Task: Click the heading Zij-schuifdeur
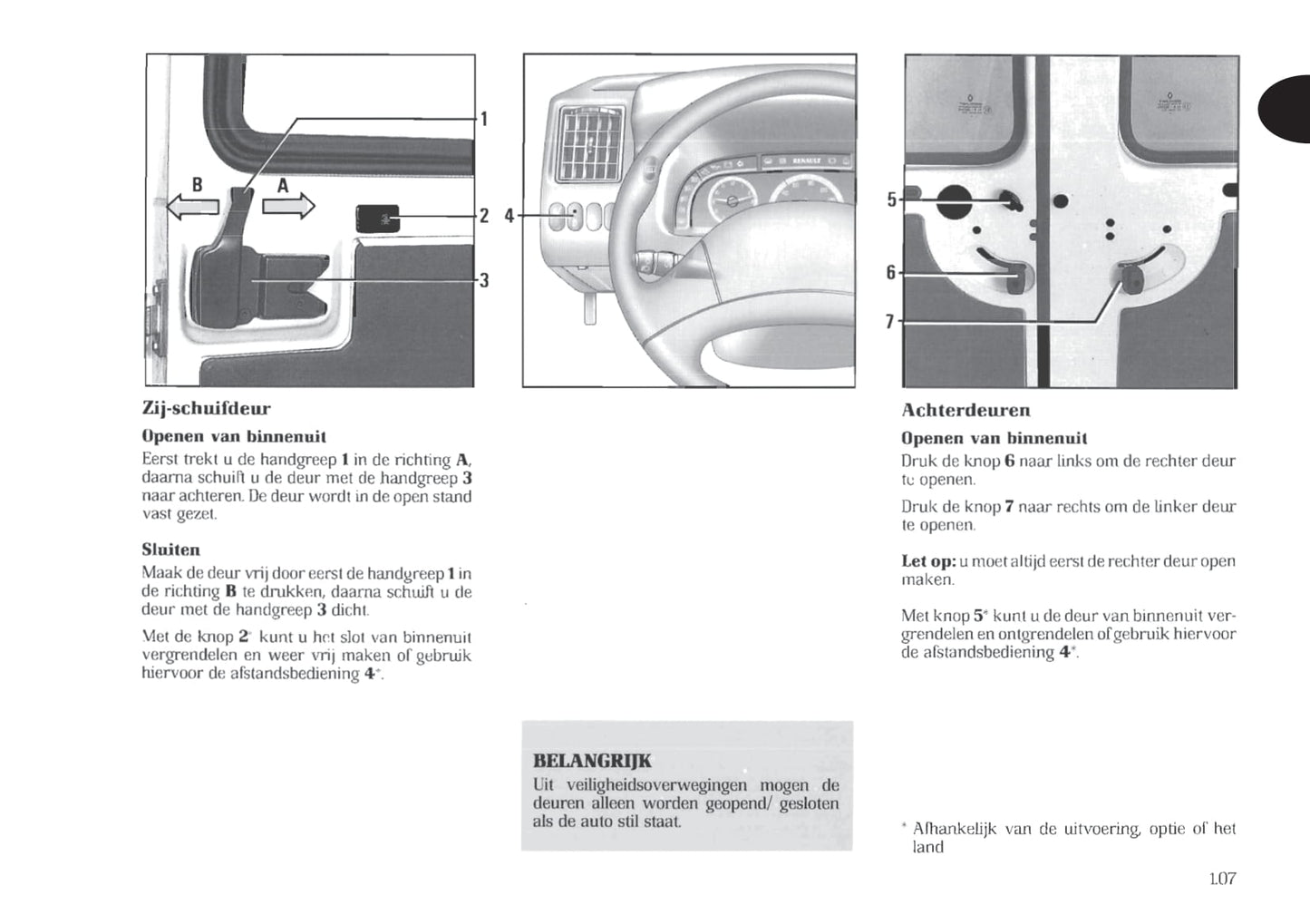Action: (x=206, y=409)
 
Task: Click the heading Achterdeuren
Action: (x=966, y=411)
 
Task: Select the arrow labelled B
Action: (x=192, y=208)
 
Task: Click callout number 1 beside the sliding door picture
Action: (x=484, y=119)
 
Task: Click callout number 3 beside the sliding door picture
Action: (x=484, y=280)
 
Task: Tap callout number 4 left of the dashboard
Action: (x=509, y=216)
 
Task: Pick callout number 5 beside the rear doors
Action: (x=892, y=199)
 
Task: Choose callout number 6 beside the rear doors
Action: (x=891, y=273)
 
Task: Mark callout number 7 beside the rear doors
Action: (x=890, y=322)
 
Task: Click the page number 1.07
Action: (x=1222, y=878)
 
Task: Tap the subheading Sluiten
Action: (x=170, y=550)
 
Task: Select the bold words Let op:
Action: (x=927, y=561)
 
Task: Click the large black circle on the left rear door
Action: (x=953, y=200)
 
